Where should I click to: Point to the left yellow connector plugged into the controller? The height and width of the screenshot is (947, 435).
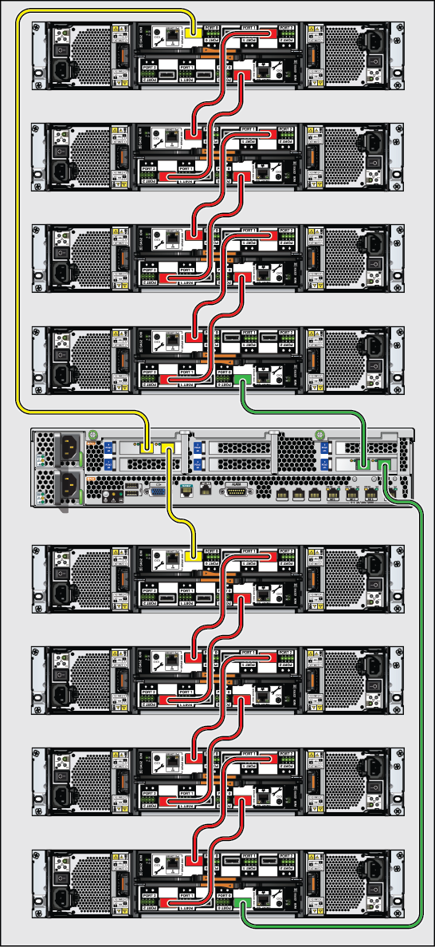coord(147,450)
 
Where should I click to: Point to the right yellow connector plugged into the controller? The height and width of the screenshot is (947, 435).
coord(167,450)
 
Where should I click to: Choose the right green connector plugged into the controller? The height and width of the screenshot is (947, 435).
coord(385,464)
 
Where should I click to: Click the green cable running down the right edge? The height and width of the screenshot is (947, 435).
coord(420,718)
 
